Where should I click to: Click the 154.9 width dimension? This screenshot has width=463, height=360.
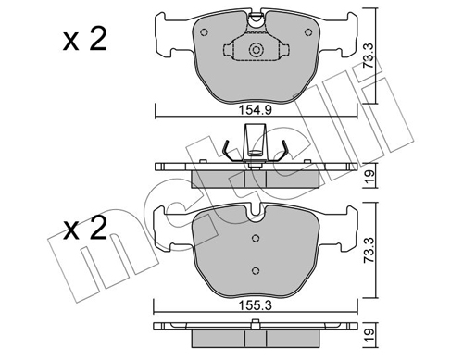point(256,110)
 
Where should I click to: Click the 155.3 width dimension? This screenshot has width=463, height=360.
point(256,305)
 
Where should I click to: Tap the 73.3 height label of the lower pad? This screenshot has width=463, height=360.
point(369,250)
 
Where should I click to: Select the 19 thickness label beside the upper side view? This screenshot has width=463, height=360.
point(369,176)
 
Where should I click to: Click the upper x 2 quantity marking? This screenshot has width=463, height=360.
point(85,39)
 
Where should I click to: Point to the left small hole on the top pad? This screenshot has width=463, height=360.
point(204,32)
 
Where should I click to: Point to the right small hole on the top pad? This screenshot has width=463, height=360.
point(308,32)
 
